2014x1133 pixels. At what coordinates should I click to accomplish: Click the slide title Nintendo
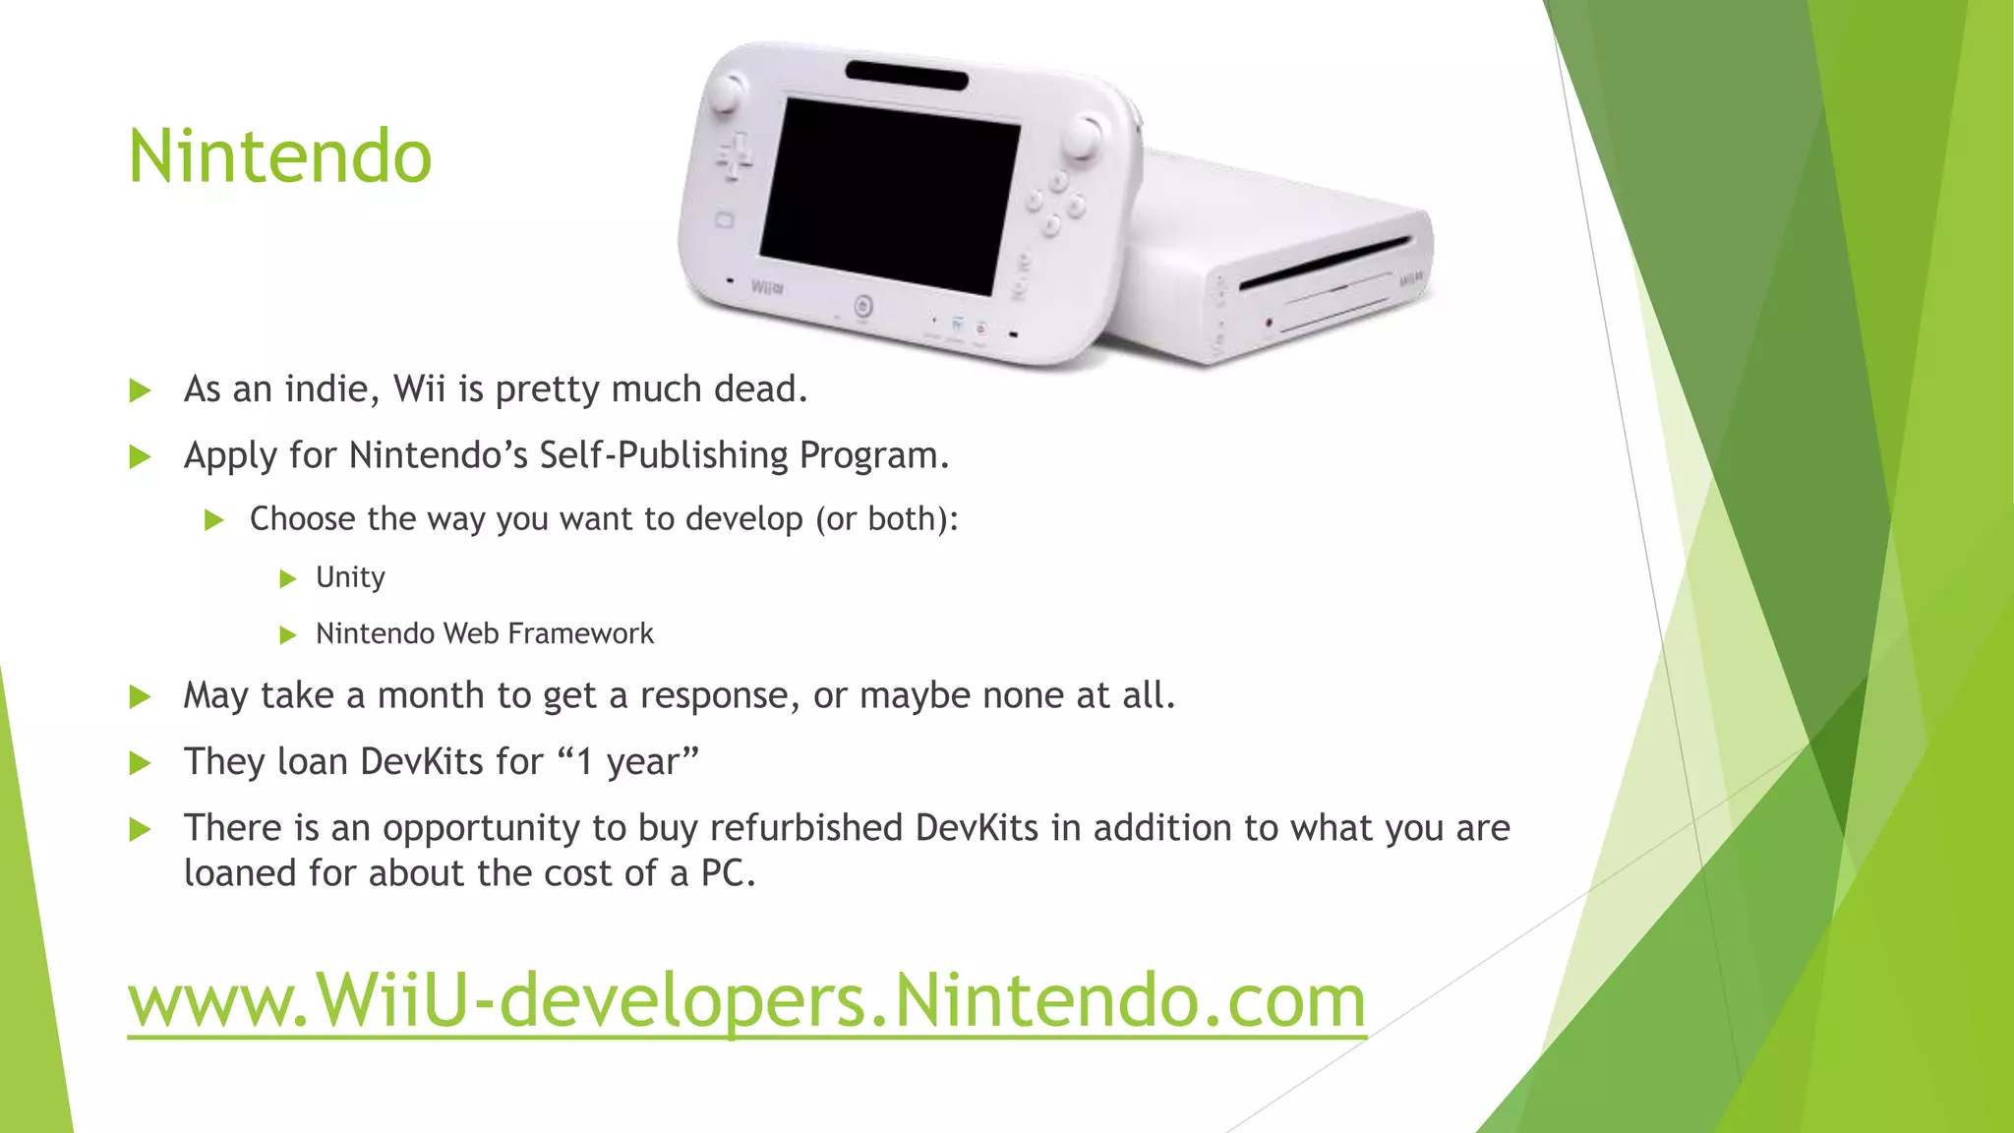coord(280,157)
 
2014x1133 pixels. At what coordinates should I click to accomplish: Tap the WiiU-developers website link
coord(746,1000)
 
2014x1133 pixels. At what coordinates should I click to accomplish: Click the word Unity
coord(350,577)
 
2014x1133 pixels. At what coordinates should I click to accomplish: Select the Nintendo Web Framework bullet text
coord(484,634)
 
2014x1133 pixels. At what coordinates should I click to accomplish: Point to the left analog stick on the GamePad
coord(726,93)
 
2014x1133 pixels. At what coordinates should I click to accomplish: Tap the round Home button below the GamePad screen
coord(862,306)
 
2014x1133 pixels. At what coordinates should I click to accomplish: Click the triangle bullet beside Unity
coord(287,578)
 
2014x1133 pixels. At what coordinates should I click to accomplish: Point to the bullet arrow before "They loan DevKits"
coord(140,763)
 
